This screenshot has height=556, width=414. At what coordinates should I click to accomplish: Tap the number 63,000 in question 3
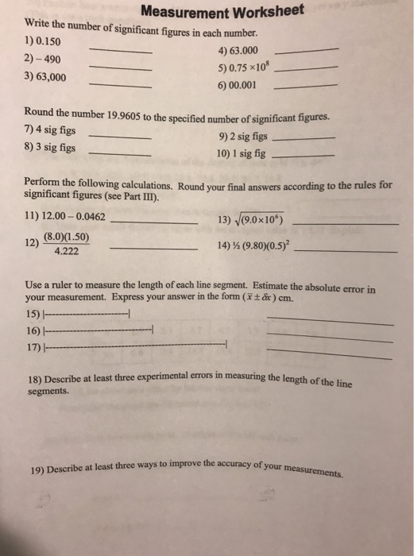point(49,78)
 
